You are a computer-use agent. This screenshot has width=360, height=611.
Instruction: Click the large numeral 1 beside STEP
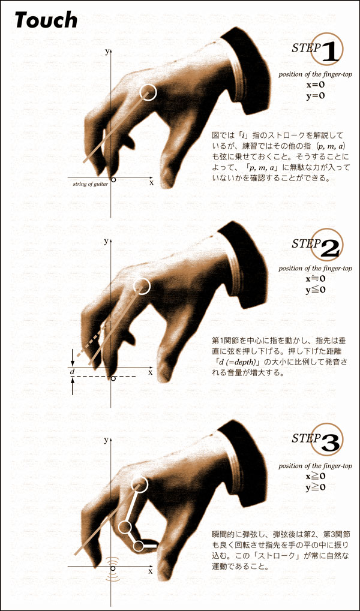[x=329, y=53]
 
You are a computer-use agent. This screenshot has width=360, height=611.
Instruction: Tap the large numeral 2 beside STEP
[x=331, y=249]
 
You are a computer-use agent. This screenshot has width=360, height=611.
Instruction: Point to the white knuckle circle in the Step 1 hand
[x=148, y=92]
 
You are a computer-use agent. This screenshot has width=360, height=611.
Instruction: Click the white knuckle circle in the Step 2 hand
[x=141, y=287]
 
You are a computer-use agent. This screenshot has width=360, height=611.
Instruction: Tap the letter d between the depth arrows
[x=73, y=373]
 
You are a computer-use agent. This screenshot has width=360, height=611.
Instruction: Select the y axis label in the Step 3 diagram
[x=106, y=440]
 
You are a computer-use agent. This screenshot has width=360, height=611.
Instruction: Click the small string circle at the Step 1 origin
[x=113, y=180]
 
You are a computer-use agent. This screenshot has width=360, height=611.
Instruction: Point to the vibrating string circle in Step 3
[x=113, y=569]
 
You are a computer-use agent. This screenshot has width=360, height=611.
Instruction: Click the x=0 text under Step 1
[x=316, y=84]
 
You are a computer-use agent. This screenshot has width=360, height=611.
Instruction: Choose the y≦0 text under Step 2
[x=316, y=290]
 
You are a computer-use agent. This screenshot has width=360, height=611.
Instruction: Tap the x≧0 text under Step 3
[x=316, y=475]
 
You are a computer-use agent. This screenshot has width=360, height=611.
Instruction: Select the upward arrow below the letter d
[x=73, y=387]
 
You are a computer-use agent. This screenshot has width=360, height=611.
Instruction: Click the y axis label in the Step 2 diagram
[x=106, y=242]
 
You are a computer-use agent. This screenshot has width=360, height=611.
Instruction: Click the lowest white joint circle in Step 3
[x=138, y=546]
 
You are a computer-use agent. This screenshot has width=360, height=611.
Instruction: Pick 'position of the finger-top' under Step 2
[x=316, y=269]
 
